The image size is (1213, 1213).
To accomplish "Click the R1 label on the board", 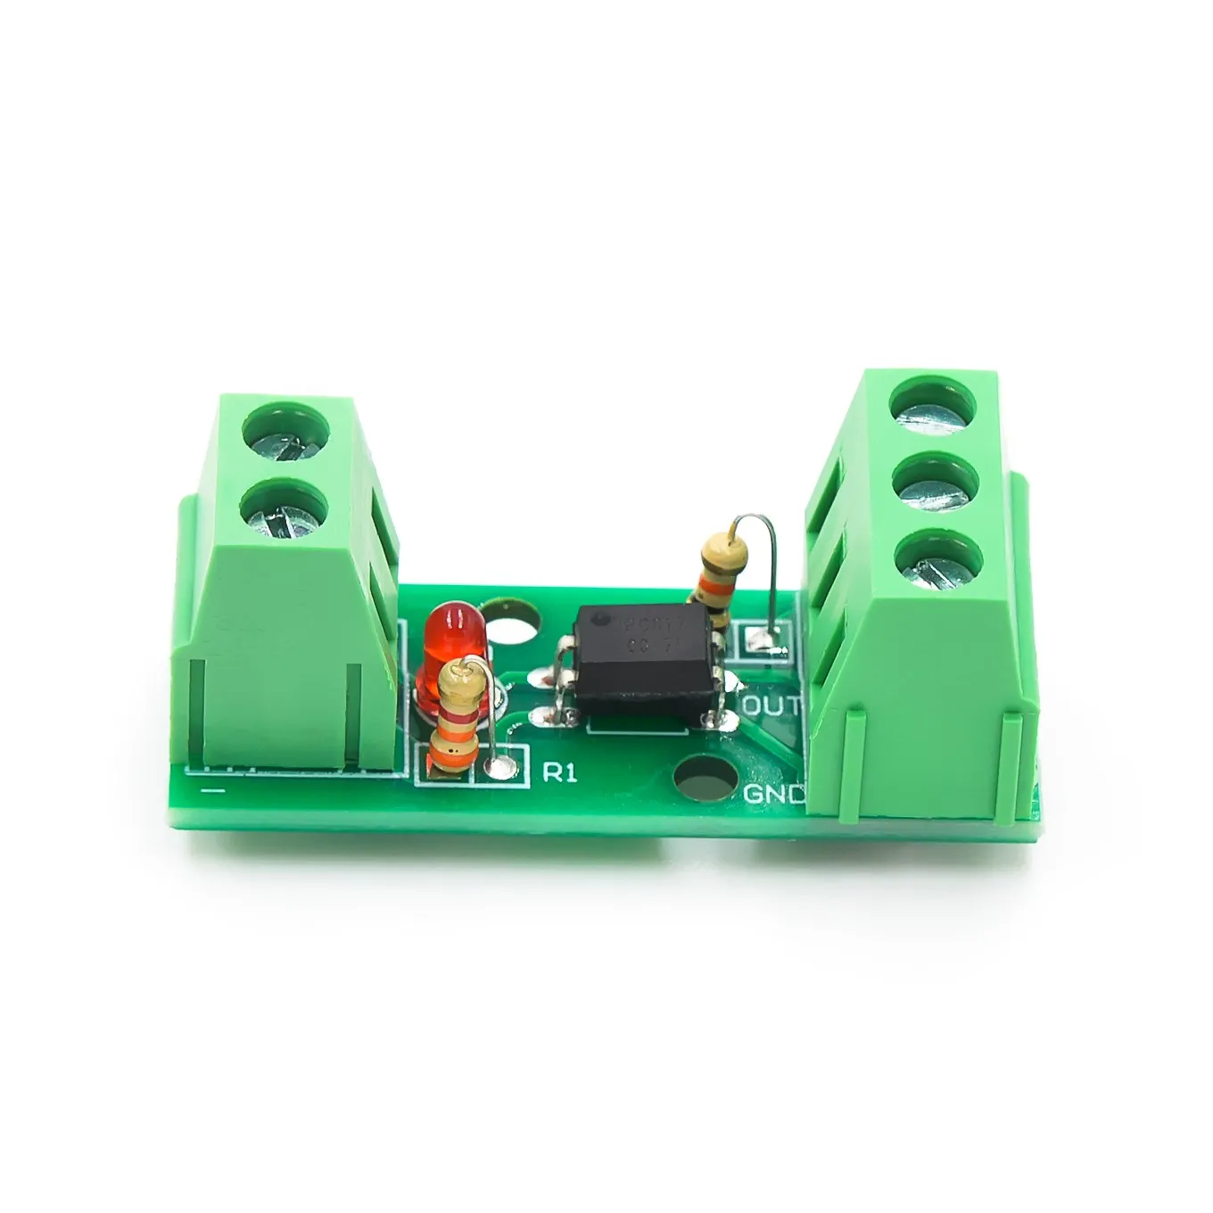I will [559, 772].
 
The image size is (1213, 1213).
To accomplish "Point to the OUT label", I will [772, 706].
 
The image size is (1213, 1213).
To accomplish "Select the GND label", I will [772, 793].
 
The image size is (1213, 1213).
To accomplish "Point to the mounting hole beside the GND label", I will [701, 782].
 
